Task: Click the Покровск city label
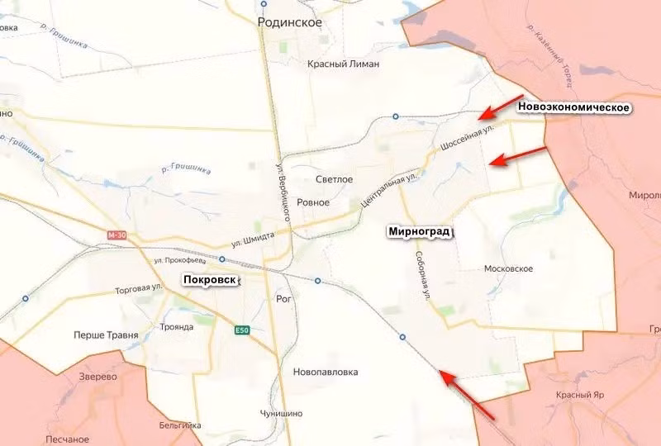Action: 211,280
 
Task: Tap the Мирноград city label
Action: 420,232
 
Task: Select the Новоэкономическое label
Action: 574,108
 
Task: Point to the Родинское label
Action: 289,23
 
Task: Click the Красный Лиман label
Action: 343,64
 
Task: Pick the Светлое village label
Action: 335,179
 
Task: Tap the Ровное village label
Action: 313,202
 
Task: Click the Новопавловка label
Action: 326,372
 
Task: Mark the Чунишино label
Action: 281,413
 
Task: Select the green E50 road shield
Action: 241,330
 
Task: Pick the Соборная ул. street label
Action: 422,274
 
